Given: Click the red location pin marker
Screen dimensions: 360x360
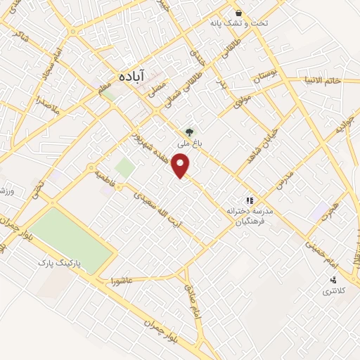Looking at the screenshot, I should pyautogui.click(x=182, y=166).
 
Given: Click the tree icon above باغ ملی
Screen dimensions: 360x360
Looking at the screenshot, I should pyautogui.click(x=188, y=131).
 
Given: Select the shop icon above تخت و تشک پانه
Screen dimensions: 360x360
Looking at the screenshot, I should pyautogui.click(x=239, y=13).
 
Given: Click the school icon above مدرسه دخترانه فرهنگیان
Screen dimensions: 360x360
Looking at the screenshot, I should pyautogui.click(x=247, y=200).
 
